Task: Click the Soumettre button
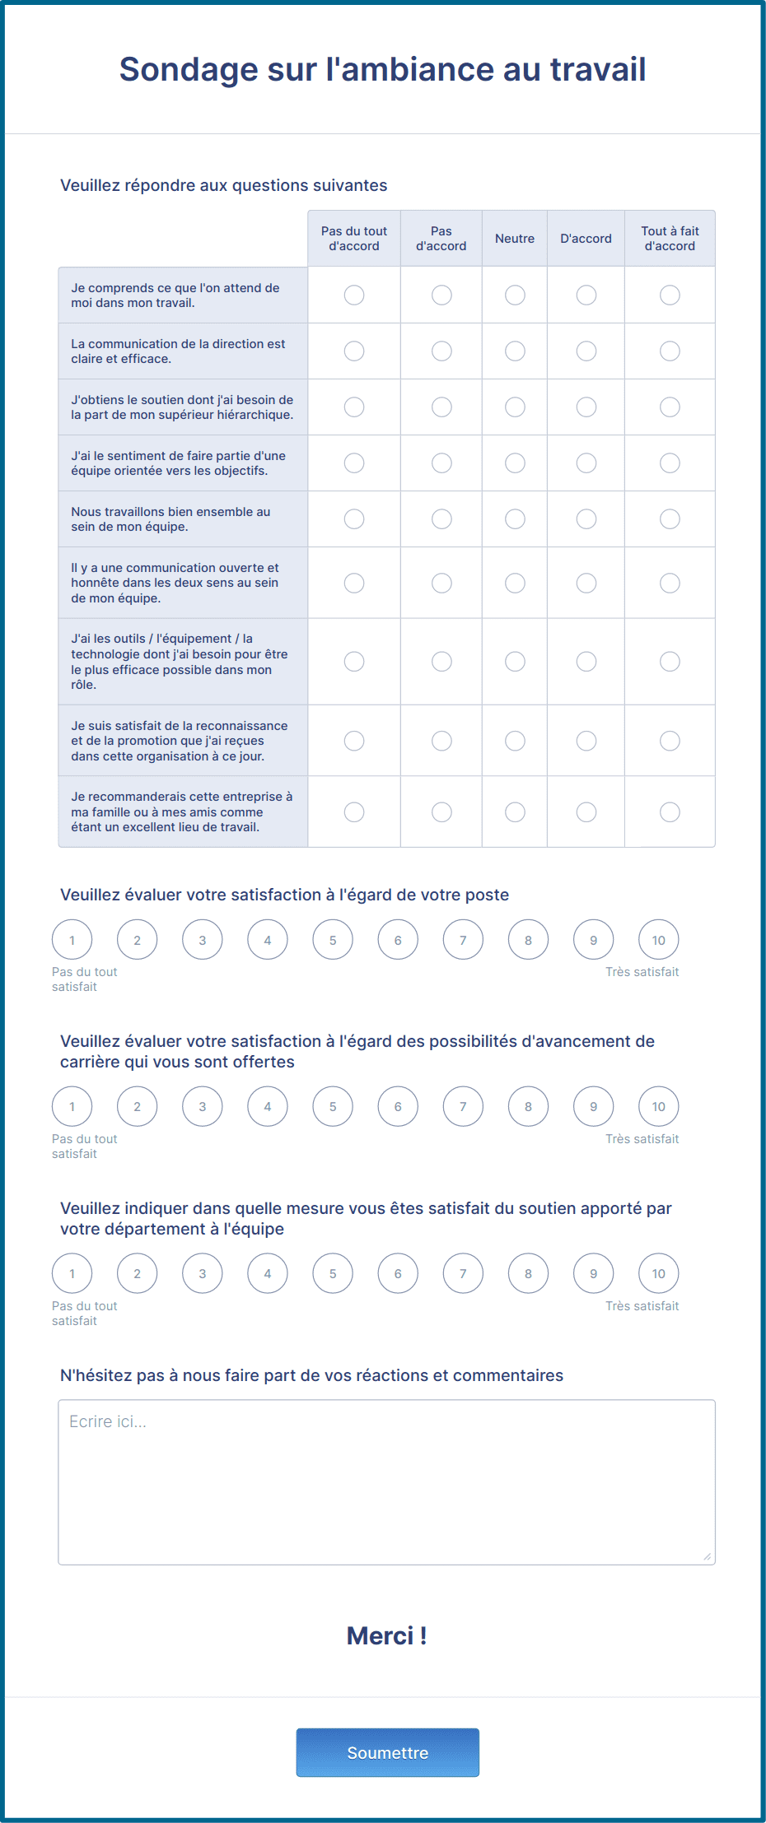(387, 1752)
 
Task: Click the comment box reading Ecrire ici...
(386, 1481)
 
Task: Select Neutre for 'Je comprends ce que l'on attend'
(515, 295)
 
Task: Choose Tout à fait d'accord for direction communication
(670, 351)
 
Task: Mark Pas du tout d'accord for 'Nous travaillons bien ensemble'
(354, 519)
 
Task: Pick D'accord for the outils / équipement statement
(586, 662)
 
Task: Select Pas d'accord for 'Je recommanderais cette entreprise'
(441, 812)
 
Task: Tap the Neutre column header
(515, 239)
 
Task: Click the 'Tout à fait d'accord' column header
(670, 239)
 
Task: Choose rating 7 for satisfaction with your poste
(463, 940)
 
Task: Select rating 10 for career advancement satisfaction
(659, 1107)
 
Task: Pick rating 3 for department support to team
(203, 1274)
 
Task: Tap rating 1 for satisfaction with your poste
(72, 940)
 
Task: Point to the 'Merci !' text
(386, 1635)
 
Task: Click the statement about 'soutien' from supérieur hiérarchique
(182, 407)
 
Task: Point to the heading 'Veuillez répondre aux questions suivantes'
(224, 185)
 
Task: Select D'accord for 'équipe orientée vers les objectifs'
(586, 463)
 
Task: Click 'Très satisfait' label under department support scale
(642, 1306)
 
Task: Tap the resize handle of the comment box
(707, 1556)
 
